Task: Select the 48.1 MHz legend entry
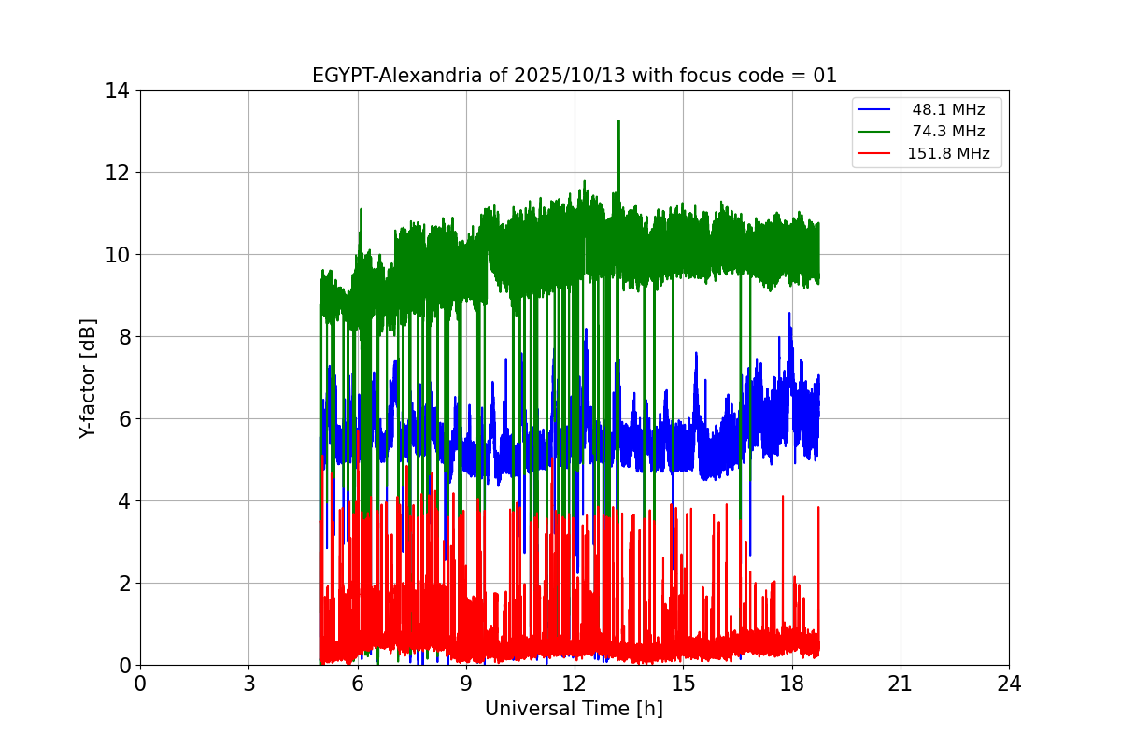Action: [x=948, y=110]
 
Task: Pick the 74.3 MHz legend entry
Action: [x=948, y=132]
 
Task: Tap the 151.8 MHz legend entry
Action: [x=948, y=154]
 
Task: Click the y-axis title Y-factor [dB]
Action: [x=88, y=377]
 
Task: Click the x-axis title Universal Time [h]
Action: [x=574, y=709]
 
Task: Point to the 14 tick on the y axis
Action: [x=118, y=91]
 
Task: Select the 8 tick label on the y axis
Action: [x=123, y=337]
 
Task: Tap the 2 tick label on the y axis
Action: [x=123, y=584]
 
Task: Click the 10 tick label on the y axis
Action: [x=118, y=255]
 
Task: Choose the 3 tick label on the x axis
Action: [x=248, y=684]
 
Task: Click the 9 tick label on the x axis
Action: [x=466, y=684]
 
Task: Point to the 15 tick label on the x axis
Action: [x=683, y=684]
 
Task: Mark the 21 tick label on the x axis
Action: [x=901, y=684]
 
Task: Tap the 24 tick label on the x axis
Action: [x=1009, y=684]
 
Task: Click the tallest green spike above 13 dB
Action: [x=618, y=121]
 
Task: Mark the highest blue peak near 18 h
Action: [x=789, y=315]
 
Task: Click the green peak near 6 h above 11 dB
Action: [x=361, y=210]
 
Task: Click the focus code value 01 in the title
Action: [x=825, y=76]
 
